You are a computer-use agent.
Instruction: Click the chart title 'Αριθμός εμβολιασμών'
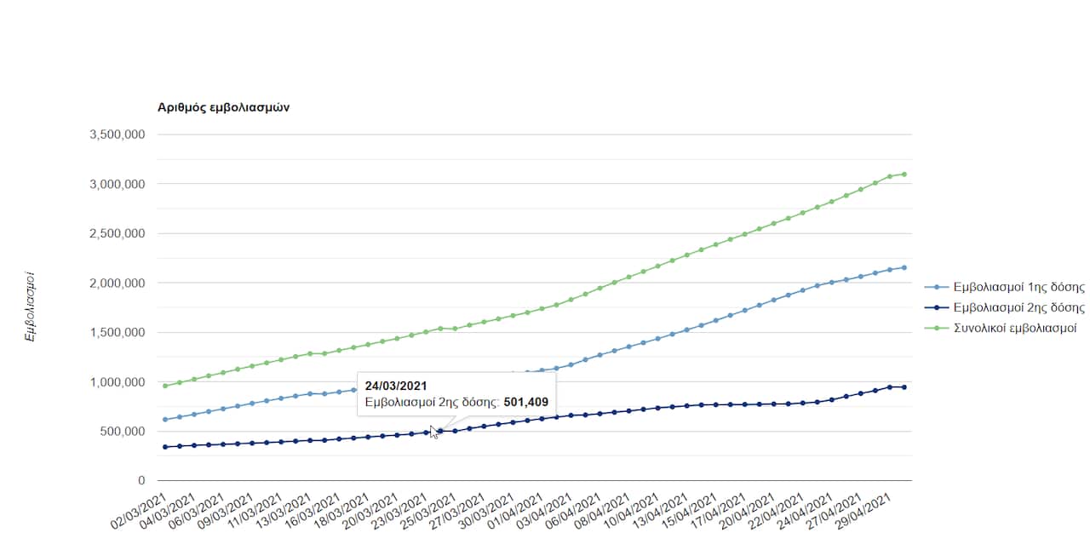pos(224,107)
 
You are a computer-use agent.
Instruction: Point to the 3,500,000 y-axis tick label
pos(117,135)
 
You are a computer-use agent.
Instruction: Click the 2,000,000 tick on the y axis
pos(117,283)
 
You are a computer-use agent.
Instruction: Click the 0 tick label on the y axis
pos(141,481)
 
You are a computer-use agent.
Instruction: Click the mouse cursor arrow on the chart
pos(433,432)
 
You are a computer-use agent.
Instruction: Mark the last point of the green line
pos(904,174)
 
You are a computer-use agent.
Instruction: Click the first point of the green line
pos(164,386)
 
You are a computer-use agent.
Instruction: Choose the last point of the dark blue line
pos(904,387)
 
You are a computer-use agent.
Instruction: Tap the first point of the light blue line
pos(164,420)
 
